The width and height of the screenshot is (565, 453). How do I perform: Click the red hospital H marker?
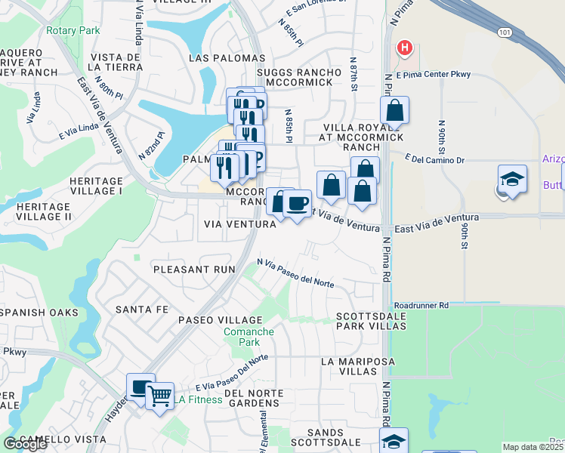pos(406,48)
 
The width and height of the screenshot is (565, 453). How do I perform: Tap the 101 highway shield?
pos(504,31)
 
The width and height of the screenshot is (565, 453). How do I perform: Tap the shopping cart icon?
pos(159,395)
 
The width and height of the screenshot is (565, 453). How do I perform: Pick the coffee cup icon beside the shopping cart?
pos(140,387)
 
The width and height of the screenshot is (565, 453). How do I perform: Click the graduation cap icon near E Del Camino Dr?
pos(512,180)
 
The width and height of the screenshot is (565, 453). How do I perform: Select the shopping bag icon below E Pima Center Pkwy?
pos(394,110)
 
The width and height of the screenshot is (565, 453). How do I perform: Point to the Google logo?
pos(25,444)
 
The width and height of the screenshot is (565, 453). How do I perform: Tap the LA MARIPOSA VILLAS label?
pos(357,367)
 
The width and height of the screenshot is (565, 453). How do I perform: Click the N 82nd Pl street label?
pos(151,145)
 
